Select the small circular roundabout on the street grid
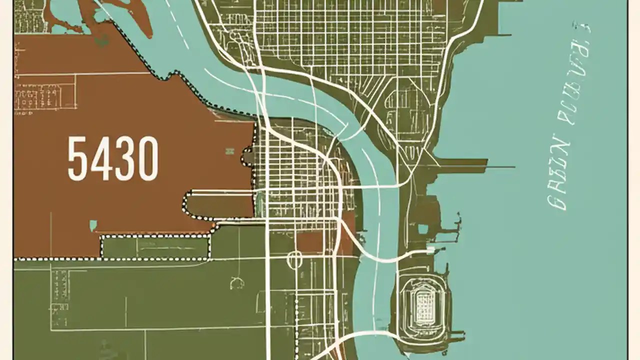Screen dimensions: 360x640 294,259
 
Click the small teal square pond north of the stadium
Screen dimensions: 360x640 423,229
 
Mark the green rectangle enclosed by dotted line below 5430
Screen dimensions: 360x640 155,247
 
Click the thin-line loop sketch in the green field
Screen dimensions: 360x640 236,283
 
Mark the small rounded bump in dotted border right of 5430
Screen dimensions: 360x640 247,156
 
